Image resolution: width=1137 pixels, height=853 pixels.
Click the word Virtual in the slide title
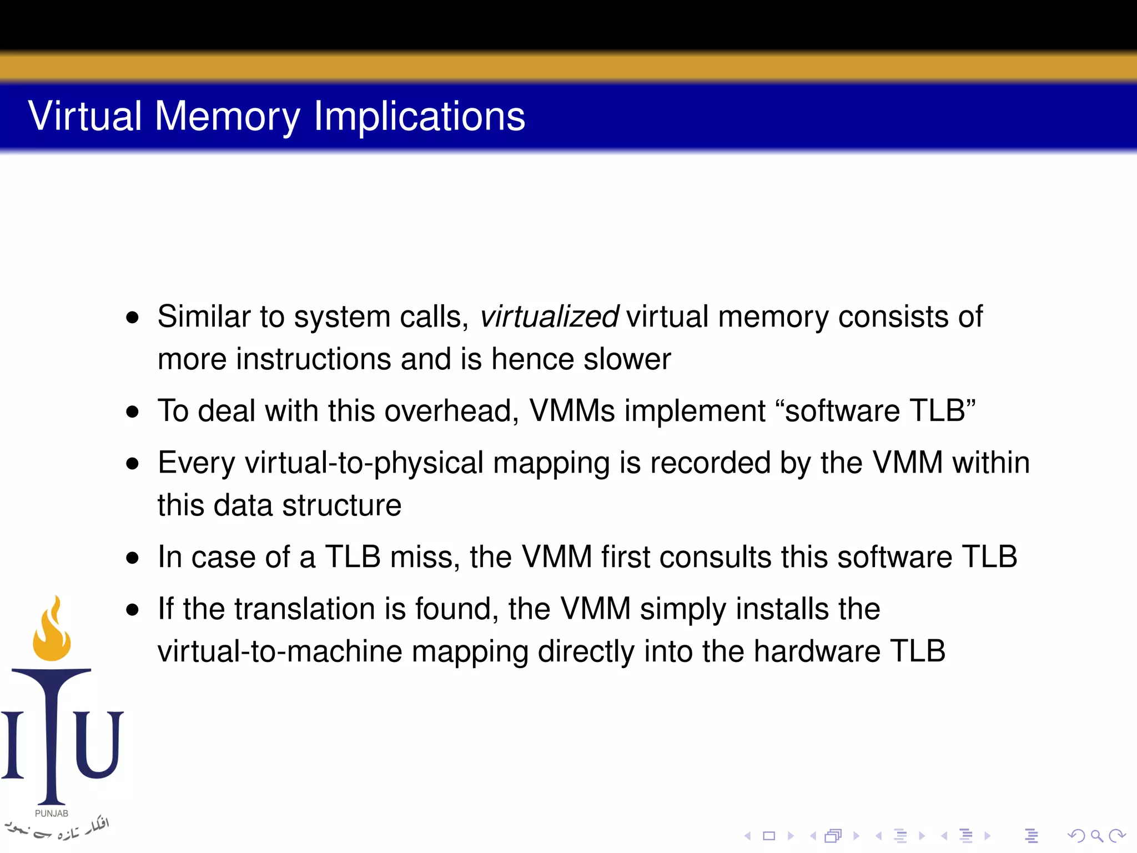[85, 116]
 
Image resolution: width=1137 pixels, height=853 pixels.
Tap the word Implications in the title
[419, 116]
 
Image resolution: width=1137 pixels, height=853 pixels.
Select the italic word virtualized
[549, 317]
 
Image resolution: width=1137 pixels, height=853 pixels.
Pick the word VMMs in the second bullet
[572, 411]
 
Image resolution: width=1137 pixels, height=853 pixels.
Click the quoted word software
[842, 411]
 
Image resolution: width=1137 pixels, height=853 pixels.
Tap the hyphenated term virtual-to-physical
[364, 463]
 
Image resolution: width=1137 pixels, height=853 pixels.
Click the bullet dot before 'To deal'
[132, 412]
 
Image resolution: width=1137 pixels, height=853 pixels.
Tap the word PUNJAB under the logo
[52, 814]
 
